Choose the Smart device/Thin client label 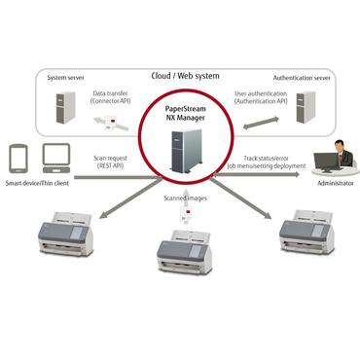(x=38, y=182)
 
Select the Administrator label (x=335, y=182)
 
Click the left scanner (x=64, y=235)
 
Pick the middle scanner (x=184, y=250)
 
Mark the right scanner (x=306, y=235)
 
